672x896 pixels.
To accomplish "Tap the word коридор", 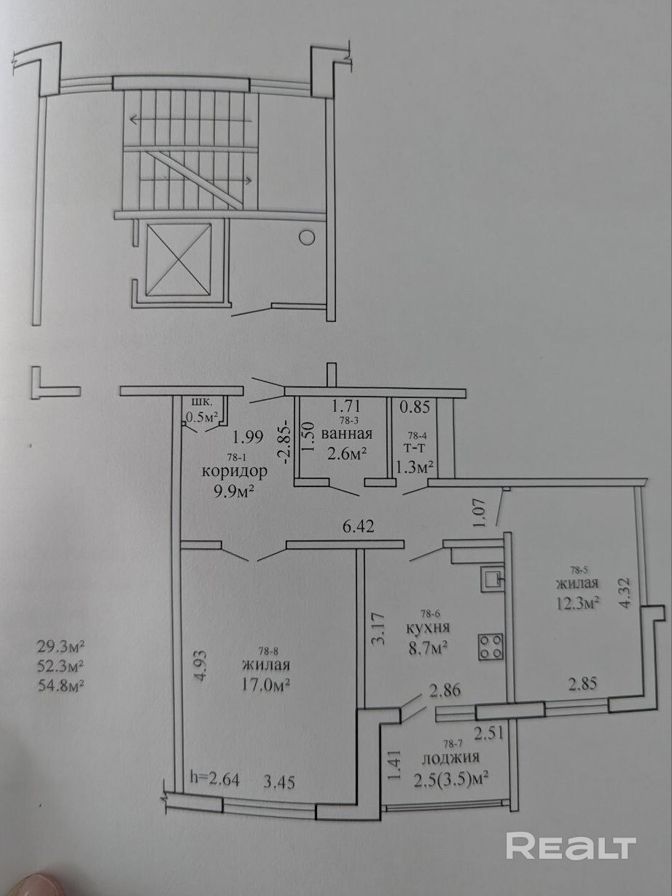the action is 235,471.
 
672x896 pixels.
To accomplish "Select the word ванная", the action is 347,434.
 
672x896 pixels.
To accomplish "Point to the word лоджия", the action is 451,757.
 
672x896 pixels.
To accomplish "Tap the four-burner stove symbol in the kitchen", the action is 491,658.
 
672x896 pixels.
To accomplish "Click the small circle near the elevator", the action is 306,237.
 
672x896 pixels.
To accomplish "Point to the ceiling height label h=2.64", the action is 214,782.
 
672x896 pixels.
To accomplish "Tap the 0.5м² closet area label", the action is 203,417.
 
